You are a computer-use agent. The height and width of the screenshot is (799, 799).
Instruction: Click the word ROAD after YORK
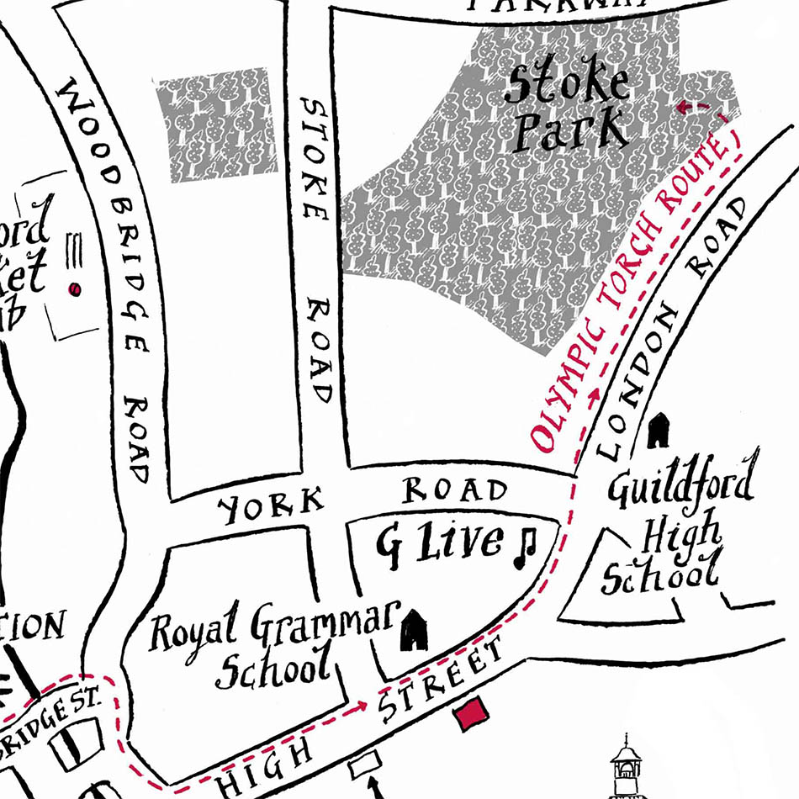coord(455,490)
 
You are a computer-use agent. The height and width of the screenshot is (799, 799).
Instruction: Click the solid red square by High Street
coord(470,714)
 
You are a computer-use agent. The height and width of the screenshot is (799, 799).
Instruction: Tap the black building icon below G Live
coord(413,631)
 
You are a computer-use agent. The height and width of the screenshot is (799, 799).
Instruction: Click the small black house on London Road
coord(659,430)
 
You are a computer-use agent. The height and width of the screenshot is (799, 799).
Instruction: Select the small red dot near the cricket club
coord(75,289)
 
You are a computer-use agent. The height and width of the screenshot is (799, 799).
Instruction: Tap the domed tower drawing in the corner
coord(626,765)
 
